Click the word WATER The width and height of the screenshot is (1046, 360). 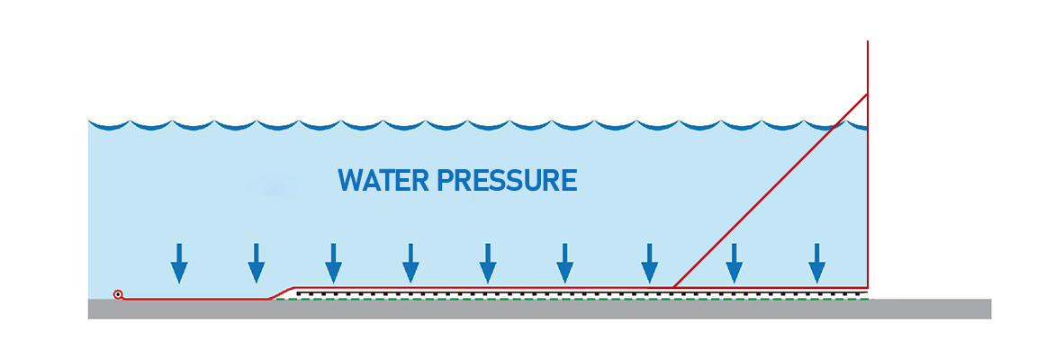pos(383,181)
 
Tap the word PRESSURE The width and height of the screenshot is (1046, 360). pos(506,181)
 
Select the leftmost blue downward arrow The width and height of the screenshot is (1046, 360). pos(179,264)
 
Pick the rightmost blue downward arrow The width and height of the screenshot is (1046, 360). pos(816,264)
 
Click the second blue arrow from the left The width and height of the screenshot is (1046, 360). pos(257,264)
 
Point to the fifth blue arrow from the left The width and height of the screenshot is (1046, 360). pos(488,264)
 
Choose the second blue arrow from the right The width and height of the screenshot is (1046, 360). pos(735,264)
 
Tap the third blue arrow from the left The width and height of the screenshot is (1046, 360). pos(334,264)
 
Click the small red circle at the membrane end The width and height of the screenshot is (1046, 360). pos(118,294)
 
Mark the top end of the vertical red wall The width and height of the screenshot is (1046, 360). pos(867,43)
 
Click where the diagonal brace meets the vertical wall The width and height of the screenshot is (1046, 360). pos(867,94)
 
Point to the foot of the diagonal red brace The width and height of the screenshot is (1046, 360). pos(675,287)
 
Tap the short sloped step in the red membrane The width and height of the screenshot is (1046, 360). pos(281,292)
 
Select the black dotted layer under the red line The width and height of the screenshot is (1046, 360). pos(576,293)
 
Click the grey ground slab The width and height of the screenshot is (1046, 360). pos(540,309)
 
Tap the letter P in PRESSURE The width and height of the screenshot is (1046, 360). pos(445,181)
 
